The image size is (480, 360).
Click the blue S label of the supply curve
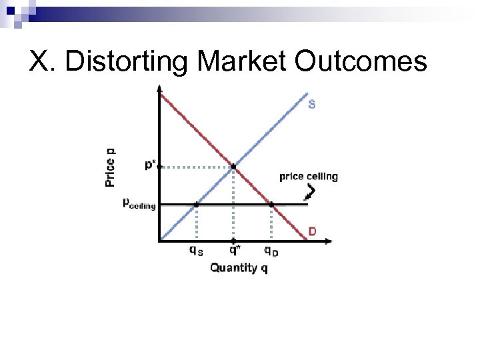pyautogui.click(x=312, y=104)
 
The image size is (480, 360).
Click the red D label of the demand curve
pyautogui.click(x=311, y=231)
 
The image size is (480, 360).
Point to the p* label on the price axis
pyautogui.click(x=151, y=165)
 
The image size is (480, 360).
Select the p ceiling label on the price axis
pyautogui.click(x=139, y=203)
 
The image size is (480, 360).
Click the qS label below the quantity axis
pyautogui.click(x=195, y=251)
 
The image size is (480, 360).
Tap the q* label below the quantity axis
pyautogui.click(x=235, y=251)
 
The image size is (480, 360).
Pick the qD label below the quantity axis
pyautogui.click(x=271, y=251)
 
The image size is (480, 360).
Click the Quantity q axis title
pyautogui.click(x=239, y=267)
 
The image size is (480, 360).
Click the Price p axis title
pyautogui.click(x=110, y=167)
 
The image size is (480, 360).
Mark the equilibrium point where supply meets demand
pyautogui.click(x=233, y=167)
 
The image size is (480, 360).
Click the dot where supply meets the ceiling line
pyautogui.click(x=196, y=204)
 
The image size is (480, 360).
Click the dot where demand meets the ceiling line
pyautogui.click(x=271, y=204)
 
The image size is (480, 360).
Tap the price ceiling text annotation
pyautogui.click(x=308, y=177)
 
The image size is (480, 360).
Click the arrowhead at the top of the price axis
pyautogui.click(x=159, y=87)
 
